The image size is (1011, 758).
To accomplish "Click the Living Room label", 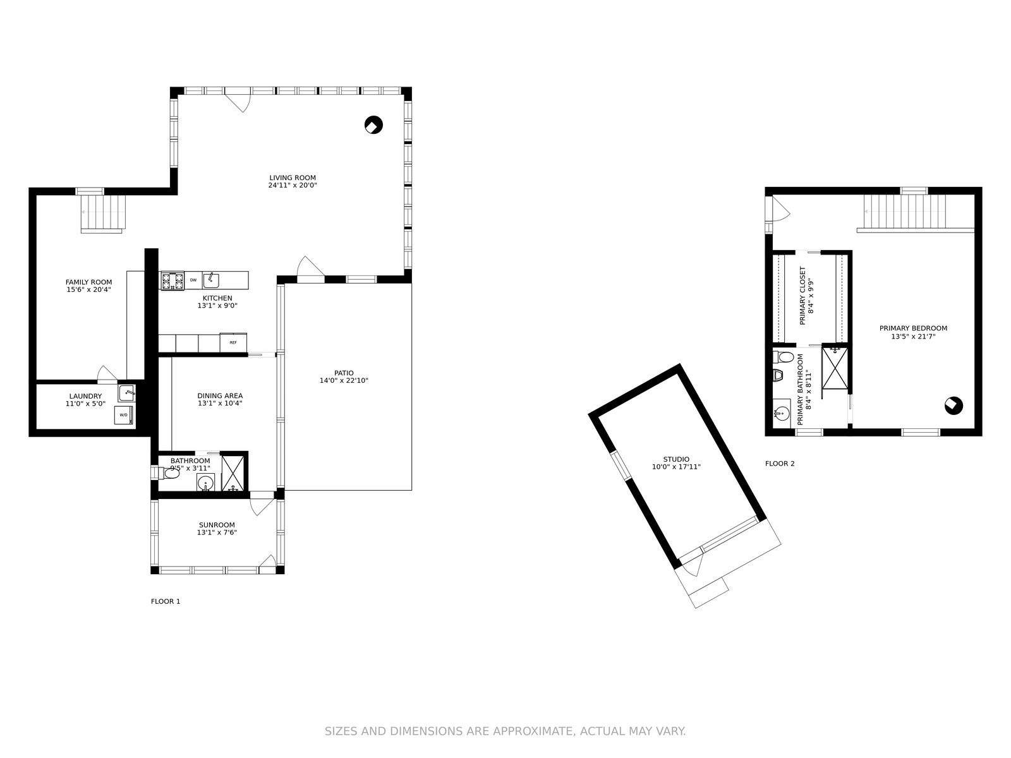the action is coord(293,177).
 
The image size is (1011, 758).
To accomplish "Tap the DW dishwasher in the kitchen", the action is coord(193,280).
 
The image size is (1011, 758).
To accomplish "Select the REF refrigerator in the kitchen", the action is coord(234,342).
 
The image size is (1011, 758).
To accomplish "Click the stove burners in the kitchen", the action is coord(173,280).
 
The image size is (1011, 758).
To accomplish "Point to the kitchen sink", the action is coord(211,280).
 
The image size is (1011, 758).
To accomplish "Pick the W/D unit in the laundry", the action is coord(124,414).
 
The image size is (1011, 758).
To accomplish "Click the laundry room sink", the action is coord(126,393).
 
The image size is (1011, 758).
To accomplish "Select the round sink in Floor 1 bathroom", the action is coord(205,483).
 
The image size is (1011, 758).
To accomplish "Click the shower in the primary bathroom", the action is coord(835,368).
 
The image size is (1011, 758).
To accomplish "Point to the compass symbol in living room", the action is coord(373,124).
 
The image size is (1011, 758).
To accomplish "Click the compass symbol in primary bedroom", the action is coord(953,406).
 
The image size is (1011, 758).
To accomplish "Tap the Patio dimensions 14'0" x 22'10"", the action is coord(344,381).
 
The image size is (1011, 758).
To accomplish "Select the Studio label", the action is coord(676,459).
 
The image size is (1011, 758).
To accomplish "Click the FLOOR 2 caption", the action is coord(780,464).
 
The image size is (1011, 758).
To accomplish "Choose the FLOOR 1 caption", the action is coord(166,601).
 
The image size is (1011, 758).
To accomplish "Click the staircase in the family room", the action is coord(103,214).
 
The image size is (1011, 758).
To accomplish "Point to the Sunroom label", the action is coord(217,525).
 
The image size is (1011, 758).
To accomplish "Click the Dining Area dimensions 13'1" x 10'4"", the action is coord(220,403).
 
